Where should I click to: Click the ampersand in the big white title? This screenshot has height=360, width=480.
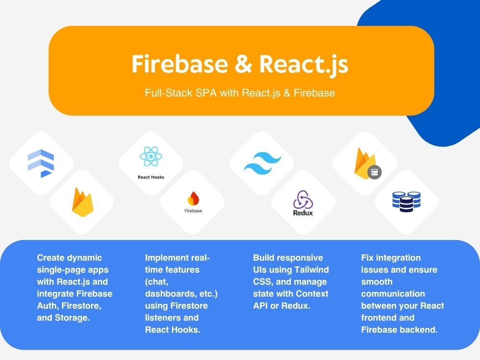click(243, 64)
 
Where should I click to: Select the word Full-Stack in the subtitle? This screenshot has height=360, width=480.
click(168, 93)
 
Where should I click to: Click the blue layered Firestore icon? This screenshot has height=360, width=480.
click(41, 164)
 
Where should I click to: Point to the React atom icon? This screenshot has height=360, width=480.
click(151, 156)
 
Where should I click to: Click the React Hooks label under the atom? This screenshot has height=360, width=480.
click(151, 177)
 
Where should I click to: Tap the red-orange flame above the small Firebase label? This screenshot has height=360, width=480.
click(193, 198)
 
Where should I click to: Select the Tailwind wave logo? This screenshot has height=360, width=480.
click(263, 163)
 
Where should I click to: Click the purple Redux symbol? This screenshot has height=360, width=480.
click(303, 199)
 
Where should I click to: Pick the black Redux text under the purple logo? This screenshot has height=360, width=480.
click(303, 213)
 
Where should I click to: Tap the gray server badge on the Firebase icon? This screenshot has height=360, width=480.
click(374, 172)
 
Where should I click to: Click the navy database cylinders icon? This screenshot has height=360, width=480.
click(407, 202)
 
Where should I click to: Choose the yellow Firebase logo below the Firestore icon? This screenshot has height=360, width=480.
click(83, 203)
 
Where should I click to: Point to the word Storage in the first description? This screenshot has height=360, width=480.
click(72, 318)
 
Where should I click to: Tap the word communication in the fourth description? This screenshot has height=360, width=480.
click(393, 294)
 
